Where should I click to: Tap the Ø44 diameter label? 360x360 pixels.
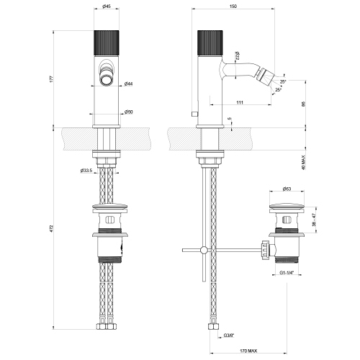point(127,84)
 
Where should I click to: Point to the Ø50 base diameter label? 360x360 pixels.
point(127,112)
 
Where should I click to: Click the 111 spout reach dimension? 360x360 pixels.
point(238,103)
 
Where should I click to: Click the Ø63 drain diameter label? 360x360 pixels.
point(286,189)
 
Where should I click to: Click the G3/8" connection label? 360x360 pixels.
point(229,335)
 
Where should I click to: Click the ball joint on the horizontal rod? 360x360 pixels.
point(204,250)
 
